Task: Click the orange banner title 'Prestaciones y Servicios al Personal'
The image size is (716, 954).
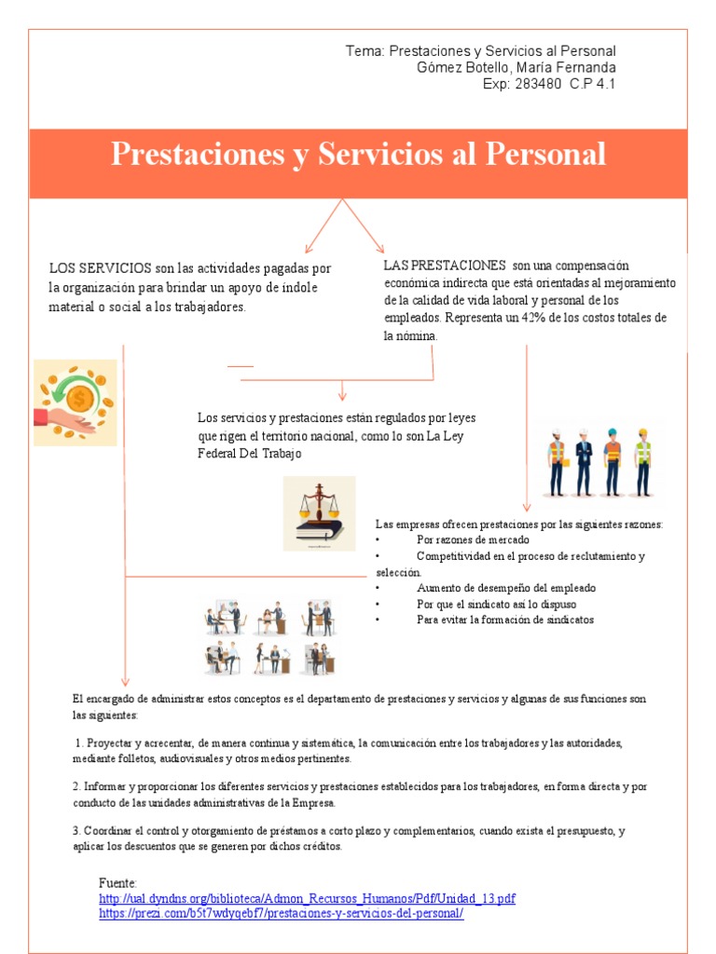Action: click(358, 154)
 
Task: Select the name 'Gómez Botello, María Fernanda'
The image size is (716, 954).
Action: click(516, 67)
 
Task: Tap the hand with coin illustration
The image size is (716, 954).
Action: click(76, 402)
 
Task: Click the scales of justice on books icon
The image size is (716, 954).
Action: click(319, 512)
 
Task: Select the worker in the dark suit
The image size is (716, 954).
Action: click(584, 462)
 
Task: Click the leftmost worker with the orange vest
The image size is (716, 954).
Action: click(557, 462)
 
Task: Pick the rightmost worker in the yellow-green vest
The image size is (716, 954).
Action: click(642, 462)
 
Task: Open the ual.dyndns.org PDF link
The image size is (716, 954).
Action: click(307, 898)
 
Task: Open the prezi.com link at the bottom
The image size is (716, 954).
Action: click(281, 914)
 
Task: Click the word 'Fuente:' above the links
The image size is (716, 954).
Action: click(118, 882)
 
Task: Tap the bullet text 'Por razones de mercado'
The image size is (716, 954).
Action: click(473, 539)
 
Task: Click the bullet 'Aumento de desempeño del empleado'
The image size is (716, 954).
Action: click(506, 588)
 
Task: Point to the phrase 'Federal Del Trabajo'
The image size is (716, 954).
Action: click(250, 453)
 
